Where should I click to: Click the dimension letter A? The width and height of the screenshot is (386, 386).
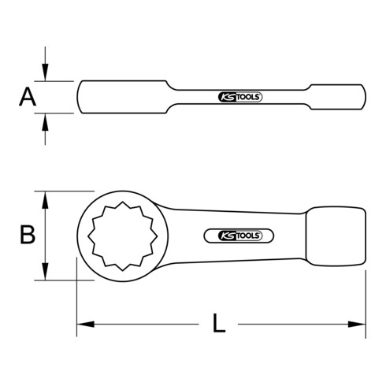point(27,97)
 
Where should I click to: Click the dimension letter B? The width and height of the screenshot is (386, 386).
point(27,234)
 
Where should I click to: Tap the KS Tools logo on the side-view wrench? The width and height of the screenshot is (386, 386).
point(239,98)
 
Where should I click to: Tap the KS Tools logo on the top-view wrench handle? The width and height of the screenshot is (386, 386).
point(239,234)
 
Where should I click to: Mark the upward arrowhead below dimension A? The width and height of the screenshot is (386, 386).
point(46,120)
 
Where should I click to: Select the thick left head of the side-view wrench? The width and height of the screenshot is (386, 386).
point(122,97)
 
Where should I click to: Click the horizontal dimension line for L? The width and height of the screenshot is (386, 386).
point(158,323)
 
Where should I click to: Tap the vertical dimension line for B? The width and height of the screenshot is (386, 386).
point(46,234)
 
